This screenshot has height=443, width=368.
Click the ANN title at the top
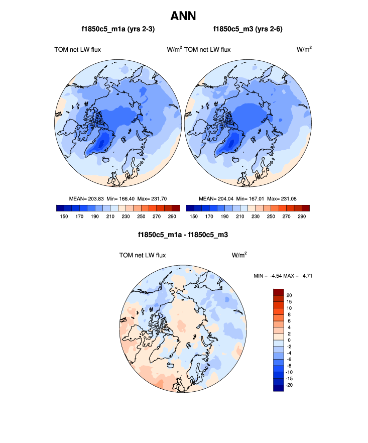(183, 16)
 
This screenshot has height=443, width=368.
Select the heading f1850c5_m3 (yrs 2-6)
(248, 30)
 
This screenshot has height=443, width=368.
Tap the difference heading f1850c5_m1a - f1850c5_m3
(183, 235)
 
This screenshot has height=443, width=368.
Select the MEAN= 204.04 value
(215, 199)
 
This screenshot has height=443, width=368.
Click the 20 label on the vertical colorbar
(289, 295)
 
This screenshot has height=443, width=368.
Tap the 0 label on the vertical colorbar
(288, 340)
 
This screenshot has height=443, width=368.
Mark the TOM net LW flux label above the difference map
(142, 255)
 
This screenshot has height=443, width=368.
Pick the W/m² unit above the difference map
(239, 255)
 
